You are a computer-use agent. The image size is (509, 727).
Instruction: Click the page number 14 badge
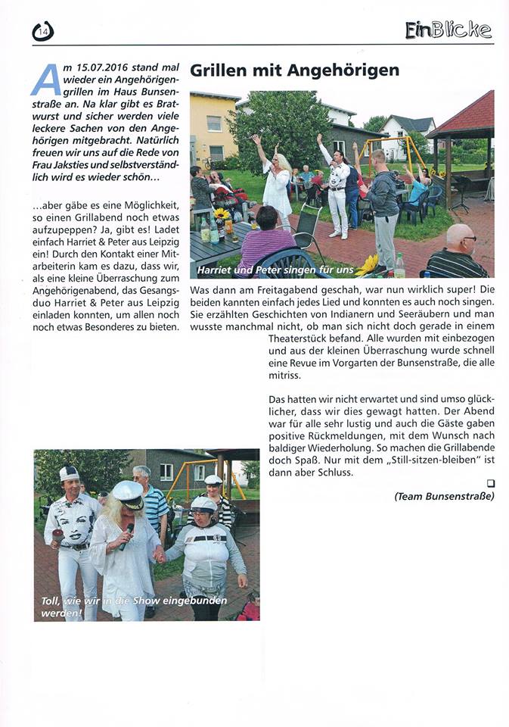click(43, 30)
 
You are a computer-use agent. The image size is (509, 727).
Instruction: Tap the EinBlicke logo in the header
click(448, 30)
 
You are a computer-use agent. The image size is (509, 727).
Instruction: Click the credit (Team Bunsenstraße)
click(444, 497)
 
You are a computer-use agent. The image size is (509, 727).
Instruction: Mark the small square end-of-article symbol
click(490, 483)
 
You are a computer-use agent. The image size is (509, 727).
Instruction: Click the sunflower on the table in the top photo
click(222, 215)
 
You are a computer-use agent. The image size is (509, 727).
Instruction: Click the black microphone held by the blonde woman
click(128, 535)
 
